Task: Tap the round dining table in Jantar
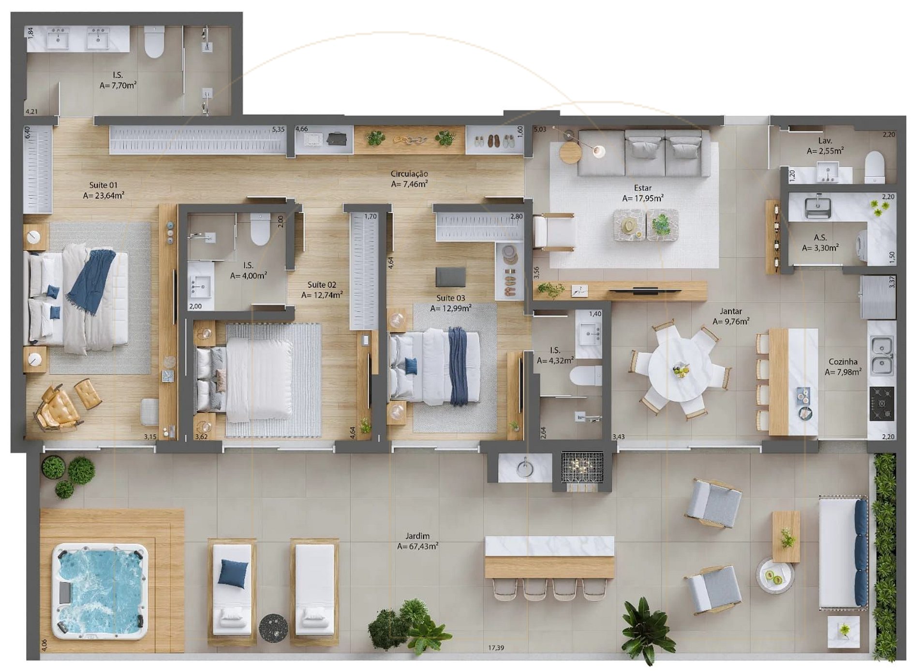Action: tap(682, 368)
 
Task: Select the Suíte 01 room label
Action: tap(104, 185)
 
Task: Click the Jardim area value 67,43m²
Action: tap(418, 546)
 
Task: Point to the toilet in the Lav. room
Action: tap(875, 167)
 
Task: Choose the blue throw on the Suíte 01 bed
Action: tap(90, 281)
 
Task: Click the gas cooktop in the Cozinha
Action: tap(882, 403)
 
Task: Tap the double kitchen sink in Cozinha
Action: tap(882, 356)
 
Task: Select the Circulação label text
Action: tap(409, 173)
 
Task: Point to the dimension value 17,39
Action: tap(496, 648)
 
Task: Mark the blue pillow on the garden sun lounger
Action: tap(233, 573)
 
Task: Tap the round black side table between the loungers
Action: tap(273, 628)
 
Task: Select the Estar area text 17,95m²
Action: tap(643, 198)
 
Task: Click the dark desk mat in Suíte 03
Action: tap(450, 277)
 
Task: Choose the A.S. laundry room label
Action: tap(820, 237)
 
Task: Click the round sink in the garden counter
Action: tap(524, 469)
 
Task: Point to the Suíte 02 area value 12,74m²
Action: tap(322, 295)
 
